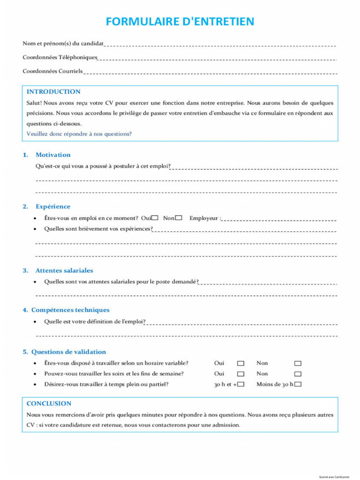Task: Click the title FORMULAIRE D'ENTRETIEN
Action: pos(180,22)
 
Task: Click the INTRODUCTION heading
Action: pos(53,92)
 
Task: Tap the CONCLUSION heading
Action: pos(49,404)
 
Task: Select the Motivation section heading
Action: pos(53,155)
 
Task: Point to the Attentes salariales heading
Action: pos(64,270)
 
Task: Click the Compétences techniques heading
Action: pos(70,310)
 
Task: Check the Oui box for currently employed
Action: pos(155,218)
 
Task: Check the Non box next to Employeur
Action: pos(179,218)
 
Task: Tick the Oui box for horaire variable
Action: pos(240,363)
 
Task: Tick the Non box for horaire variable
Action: pos(298,363)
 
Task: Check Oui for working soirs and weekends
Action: pos(240,374)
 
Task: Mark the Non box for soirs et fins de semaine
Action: pos(298,374)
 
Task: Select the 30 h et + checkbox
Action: pos(240,385)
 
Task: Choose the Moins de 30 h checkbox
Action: pos(298,385)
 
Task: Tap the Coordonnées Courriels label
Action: pos(52,71)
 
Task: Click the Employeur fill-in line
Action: pos(279,219)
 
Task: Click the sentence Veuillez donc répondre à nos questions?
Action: pos(79,134)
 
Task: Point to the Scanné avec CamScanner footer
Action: pos(335,477)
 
